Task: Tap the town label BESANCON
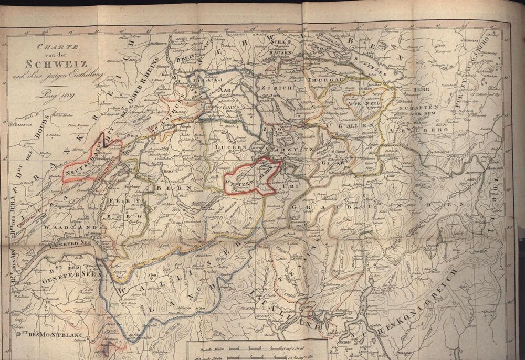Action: tap(25, 126)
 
